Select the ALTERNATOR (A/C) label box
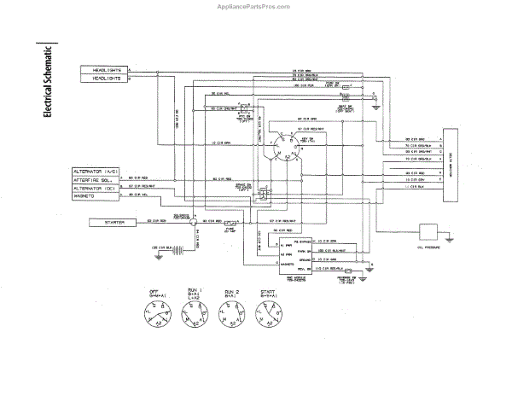pyautogui.click(x=95, y=172)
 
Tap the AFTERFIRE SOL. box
pyautogui.click(x=95, y=180)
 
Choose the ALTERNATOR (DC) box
pyautogui.click(x=95, y=189)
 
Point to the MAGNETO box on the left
pyautogui.click(x=95, y=198)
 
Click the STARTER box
pyautogui.click(x=112, y=223)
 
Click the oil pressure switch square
pyautogui.click(x=427, y=233)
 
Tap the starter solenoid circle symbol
pyautogui.click(x=193, y=224)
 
